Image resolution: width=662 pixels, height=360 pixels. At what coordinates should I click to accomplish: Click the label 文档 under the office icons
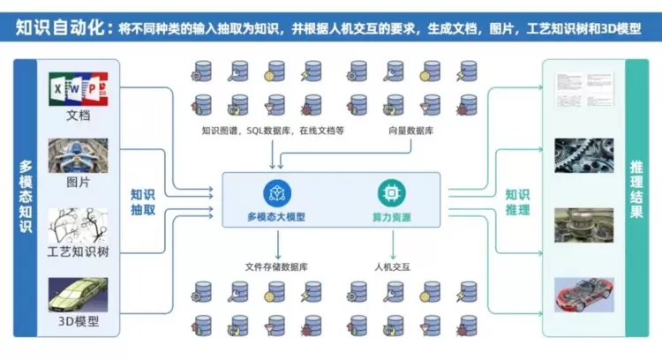point(78,116)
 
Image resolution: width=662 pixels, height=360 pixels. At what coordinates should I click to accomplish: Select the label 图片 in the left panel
point(78,183)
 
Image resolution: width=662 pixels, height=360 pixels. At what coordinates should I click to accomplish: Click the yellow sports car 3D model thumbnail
point(78,295)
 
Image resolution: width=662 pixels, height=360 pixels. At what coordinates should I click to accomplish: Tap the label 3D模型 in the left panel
point(78,322)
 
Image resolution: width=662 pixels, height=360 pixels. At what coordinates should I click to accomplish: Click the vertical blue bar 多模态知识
point(26,197)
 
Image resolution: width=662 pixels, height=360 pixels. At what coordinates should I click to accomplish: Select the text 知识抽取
point(143,202)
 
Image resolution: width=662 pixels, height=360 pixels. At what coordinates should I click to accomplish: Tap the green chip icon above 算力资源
point(387,192)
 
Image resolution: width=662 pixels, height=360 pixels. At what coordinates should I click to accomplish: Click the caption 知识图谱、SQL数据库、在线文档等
point(272,131)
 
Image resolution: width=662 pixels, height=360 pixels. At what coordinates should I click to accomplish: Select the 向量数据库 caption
point(410,131)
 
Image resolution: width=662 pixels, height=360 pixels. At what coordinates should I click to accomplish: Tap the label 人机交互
point(393,266)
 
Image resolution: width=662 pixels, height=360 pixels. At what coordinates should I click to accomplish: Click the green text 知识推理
point(516,202)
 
